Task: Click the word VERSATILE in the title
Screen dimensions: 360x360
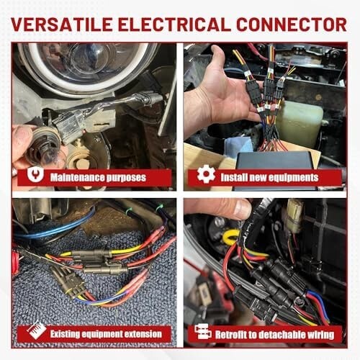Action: [x=62, y=24]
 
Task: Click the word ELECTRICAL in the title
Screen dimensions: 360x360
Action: [x=174, y=24]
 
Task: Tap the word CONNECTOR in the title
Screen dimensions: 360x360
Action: [x=292, y=24]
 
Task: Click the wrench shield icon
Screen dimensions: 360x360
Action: [x=35, y=174]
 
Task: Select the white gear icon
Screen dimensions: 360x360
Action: [x=206, y=174]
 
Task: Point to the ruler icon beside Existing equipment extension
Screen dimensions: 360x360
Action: [x=37, y=330]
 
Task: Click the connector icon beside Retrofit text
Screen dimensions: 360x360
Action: [x=202, y=331]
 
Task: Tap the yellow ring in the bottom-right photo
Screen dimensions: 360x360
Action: [x=231, y=237]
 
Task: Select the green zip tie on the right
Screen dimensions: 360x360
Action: [x=159, y=207]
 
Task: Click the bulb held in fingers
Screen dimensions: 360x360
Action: [x=46, y=147]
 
